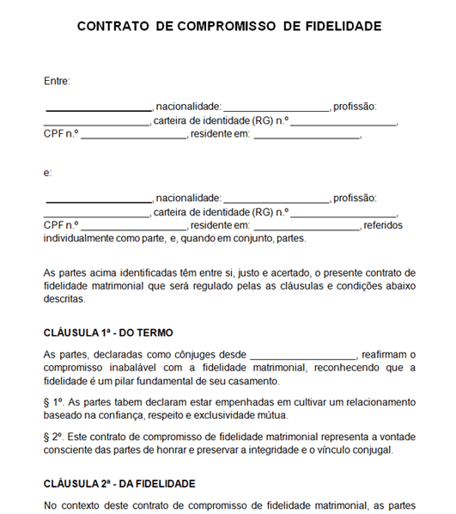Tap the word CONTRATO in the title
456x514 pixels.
tap(113, 27)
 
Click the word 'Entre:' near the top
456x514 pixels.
tap(57, 81)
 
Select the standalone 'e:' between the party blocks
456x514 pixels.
tap(47, 174)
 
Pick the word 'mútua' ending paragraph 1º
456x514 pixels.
tap(268, 414)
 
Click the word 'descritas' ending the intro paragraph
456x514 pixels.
tap(64, 300)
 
